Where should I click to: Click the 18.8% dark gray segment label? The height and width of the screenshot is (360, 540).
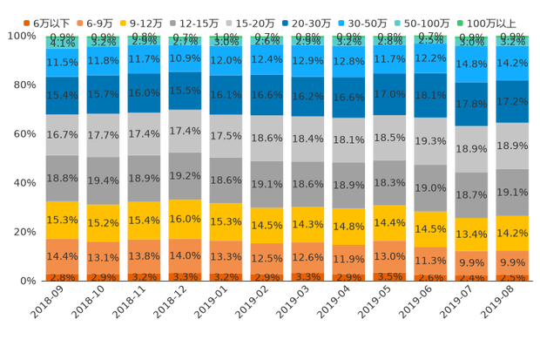(63, 178)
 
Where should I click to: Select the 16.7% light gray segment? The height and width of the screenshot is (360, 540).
(63, 135)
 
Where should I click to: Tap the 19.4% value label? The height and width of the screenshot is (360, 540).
(104, 180)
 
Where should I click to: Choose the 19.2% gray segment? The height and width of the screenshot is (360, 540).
(186, 175)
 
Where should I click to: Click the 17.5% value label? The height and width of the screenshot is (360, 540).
(226, 136)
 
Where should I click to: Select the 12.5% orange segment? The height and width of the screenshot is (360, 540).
(267, 258)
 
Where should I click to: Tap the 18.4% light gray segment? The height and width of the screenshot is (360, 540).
(308, 139)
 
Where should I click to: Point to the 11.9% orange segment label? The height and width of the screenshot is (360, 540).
(349, 259)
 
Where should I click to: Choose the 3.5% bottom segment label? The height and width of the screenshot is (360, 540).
(390, 276)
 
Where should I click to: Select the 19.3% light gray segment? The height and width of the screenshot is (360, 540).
(431, 140)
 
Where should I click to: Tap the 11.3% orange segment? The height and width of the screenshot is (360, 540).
(431, 260)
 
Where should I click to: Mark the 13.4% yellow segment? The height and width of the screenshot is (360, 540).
(472, 234)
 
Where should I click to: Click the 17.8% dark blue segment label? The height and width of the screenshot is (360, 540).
(472, 104)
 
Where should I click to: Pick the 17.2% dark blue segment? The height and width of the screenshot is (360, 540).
(513, 102)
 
